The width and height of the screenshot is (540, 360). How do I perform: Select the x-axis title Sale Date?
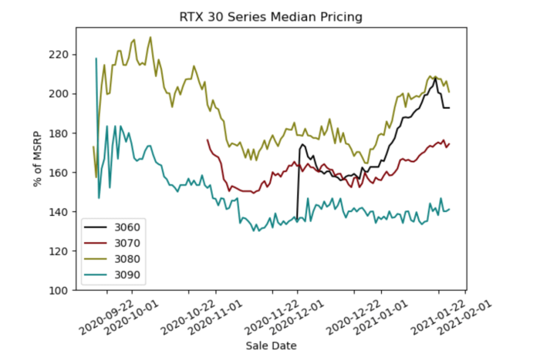[271, 345]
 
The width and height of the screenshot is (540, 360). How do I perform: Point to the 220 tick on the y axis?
[59, 55]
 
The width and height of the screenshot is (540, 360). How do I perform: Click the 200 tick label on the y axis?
[59, 94]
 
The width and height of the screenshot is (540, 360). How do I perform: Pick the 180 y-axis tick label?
[59, 133]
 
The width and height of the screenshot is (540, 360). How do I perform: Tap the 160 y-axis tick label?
[59, 173]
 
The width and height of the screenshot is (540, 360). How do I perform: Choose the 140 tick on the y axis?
[59, 212]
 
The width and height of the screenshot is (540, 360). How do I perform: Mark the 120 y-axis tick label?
[59, 251]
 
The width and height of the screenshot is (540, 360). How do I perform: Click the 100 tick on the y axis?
[59, 291]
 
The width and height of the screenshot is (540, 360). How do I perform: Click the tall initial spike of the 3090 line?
[96, 59]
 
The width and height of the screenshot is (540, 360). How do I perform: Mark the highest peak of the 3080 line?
[150, 37]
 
